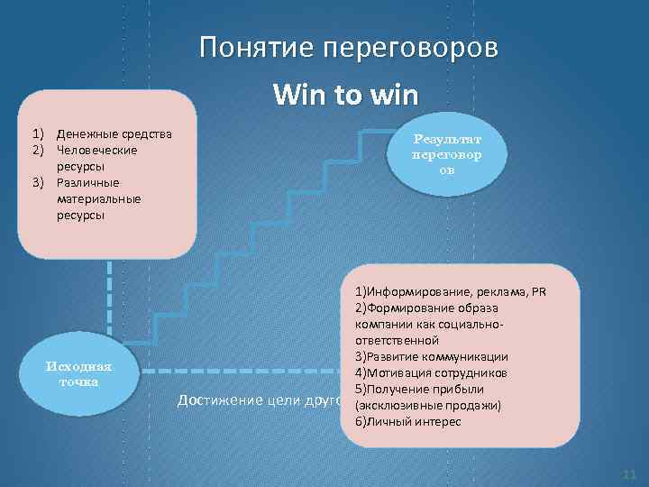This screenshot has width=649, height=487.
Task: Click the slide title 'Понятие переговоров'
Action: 348,48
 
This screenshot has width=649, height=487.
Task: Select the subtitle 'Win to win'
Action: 348,94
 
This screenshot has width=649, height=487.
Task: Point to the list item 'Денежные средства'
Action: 114,134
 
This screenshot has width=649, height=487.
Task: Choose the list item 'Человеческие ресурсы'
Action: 96,158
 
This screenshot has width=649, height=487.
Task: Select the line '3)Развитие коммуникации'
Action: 431,356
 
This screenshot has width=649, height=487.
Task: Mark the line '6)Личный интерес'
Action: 407,421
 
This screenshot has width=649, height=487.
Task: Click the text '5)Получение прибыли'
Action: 419,389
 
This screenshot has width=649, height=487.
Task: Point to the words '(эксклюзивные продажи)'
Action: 428,405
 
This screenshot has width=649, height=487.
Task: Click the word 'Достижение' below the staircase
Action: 214,400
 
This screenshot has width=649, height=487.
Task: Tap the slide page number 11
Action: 628,474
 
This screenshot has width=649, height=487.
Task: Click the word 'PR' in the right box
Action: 538,292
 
